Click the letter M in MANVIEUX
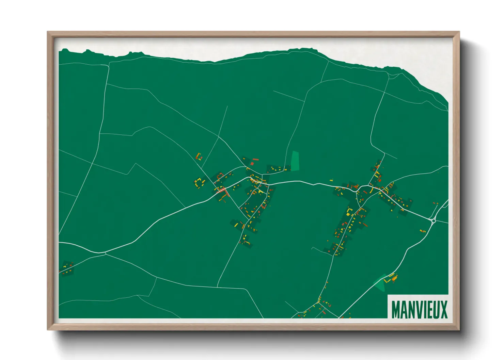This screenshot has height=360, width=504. (396, 310)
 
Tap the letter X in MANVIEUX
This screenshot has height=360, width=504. (444, 310)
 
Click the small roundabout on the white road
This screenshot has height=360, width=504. (433, 221)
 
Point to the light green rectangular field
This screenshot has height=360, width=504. (295, 161)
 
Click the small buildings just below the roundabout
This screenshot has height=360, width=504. (423, 231)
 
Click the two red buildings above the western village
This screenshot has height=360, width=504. (254, 161)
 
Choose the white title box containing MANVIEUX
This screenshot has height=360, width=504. (418, 307)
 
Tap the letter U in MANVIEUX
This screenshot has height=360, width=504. (436, 310)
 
